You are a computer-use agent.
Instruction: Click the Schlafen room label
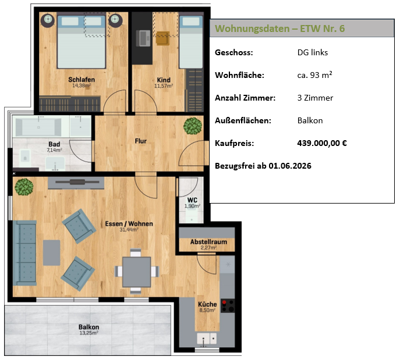tap(82, 80)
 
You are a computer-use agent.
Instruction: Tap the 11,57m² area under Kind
tap(164, 86)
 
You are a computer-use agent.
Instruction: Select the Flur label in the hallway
tap(141, 141)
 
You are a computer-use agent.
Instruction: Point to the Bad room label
tap(54, 144)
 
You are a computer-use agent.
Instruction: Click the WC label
tap(192, 200)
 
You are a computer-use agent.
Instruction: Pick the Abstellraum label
tap(208, 242)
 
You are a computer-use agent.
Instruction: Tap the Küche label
tap(207, 304)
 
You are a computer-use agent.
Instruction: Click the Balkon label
tap(89, 327)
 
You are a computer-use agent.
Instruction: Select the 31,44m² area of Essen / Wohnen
tap(129, 230)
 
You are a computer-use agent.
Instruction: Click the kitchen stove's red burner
tap(224, 302)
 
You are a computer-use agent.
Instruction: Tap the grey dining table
tap(136, 272)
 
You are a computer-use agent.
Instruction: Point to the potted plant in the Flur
tap(193, 126)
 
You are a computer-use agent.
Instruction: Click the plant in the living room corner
tap(24, 187)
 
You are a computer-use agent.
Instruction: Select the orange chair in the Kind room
tap(163, 38)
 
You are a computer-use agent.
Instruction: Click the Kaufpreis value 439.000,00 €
tap(322, 143)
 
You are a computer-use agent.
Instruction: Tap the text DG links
tap(313, 52)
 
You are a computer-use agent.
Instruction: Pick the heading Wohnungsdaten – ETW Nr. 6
tap(280, 28)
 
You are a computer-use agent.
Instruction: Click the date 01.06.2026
tap(290, 166)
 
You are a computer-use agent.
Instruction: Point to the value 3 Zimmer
tap(316, 98)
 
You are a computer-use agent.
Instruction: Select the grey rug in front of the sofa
tap(52, 253)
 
